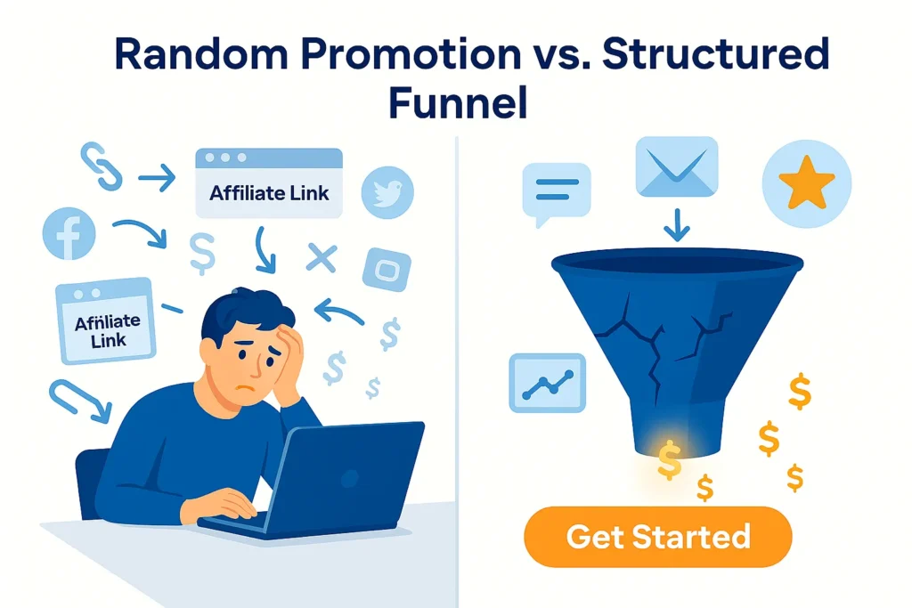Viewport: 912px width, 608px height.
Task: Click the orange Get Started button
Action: (657, 537)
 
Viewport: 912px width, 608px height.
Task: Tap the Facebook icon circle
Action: (69, 234)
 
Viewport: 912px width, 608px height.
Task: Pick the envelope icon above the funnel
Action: (676, 167)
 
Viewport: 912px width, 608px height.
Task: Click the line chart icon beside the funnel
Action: (547, 383)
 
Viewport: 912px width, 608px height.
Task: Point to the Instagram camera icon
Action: (387, 268)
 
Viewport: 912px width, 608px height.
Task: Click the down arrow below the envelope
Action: (676, 224)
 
